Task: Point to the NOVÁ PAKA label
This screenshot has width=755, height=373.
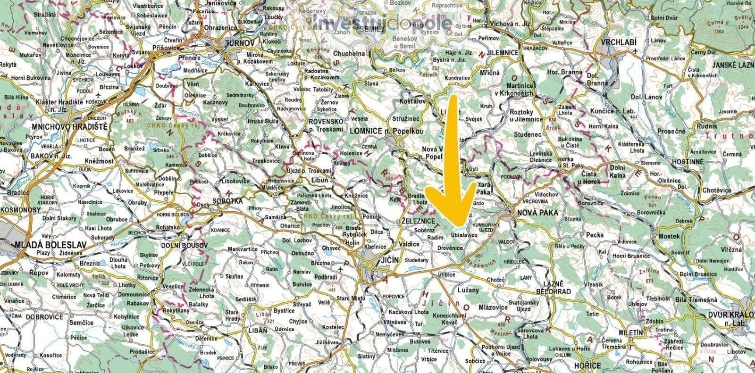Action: click(x=537, y=213)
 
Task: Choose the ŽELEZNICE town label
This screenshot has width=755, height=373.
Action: click(x=417, y=221)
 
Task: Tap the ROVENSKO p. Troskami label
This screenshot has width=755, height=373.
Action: click(x=324, y=124)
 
